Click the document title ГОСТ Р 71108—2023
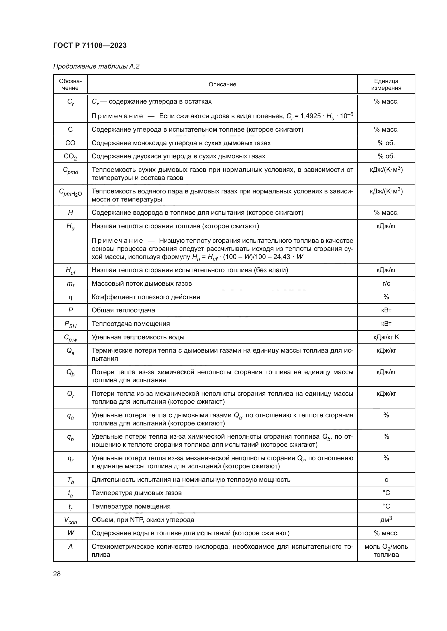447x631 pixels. tap(90, 45)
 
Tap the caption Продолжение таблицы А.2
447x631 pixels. tap(96, 66)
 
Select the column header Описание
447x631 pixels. tap(222, 84)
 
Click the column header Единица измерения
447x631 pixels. tap(386, 84)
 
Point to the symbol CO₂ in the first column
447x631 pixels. tap(70, 156)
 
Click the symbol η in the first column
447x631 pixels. tap(70, 297)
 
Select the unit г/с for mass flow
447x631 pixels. tap(386, 283)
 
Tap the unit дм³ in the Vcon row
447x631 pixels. tap(386, 520)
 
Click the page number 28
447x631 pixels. tap(57, 574)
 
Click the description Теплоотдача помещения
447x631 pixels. tap(131, 324)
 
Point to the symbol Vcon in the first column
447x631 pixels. tap(71, 520)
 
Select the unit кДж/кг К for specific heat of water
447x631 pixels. tap(386, 337)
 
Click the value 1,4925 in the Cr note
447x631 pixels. tap(310, 116)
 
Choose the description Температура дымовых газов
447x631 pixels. tap(136, 493)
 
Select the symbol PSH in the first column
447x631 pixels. tap(71, 324)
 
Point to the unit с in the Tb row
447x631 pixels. tap(386, 480)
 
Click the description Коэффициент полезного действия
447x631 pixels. tap(146, 297)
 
